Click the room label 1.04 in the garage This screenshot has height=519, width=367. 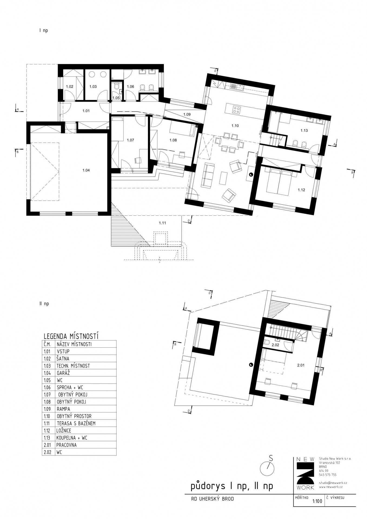click(x=86, y=170)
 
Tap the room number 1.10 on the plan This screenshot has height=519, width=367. click(x=235, y=126)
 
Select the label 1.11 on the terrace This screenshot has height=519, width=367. click(x=162, y=223)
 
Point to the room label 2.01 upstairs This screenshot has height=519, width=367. click(x=301, y=365)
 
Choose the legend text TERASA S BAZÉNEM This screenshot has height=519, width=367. click(x=76, y=423)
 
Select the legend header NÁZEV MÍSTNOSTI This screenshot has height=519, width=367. click(x=74, y=344)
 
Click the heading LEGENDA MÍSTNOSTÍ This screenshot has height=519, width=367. click(x=71, y=336)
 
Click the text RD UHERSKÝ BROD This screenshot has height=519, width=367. click(x=212, y=499)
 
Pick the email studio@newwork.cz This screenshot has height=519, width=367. click(x=333, y=483)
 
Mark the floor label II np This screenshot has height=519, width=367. click(x=44, y=304)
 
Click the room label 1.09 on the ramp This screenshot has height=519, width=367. click(x=187, y=114)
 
